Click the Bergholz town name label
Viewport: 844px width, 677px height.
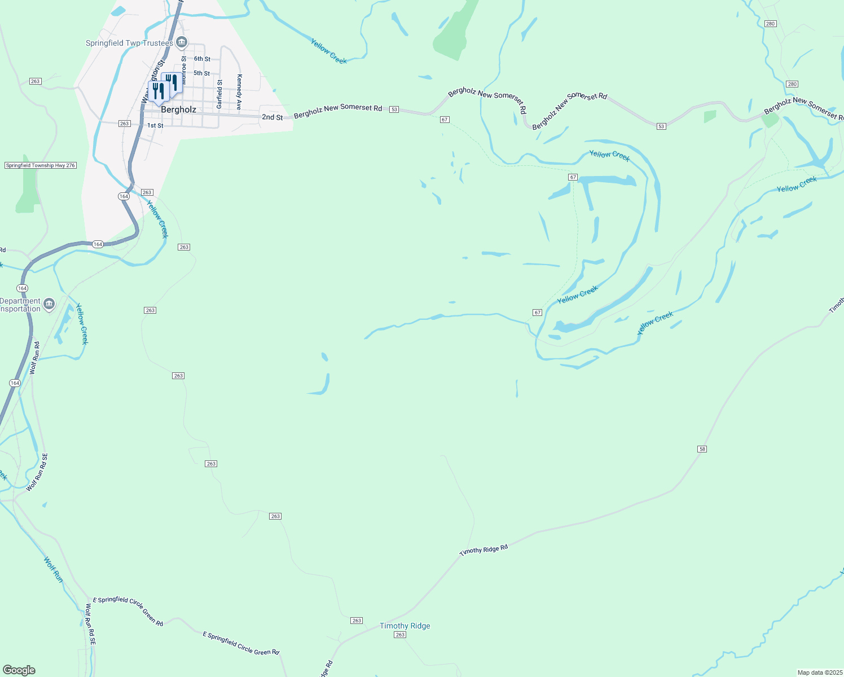[178, 109]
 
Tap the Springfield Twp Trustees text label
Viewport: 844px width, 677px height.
[129, 43]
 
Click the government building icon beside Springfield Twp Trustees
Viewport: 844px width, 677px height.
[182, 42]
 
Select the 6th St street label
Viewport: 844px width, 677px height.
[202, 59]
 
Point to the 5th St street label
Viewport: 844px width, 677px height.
[201, 73]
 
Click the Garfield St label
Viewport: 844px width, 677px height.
[219, 94]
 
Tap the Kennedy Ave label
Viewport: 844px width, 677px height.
[239, 91]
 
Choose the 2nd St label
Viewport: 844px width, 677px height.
[272, 117]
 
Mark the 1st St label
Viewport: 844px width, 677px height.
[155, 126]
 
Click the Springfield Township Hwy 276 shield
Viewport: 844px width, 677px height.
[41, 165]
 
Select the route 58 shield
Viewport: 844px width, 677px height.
[702, 449]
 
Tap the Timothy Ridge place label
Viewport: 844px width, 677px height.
[405, 626]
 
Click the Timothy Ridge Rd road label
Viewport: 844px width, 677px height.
[483, 550]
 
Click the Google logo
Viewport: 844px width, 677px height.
[19, 670]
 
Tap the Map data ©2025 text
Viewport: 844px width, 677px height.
[819, 672]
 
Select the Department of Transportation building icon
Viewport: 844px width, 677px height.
[49, 305]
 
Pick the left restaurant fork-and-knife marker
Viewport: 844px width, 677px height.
[158, 91]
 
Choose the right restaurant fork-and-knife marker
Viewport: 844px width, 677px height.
[172, 82]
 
